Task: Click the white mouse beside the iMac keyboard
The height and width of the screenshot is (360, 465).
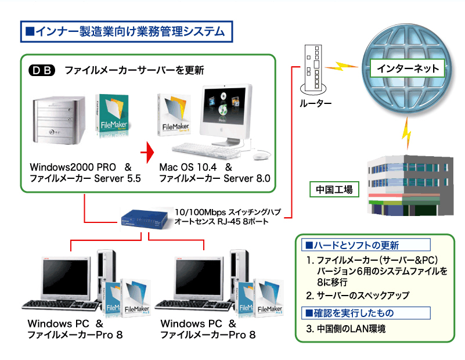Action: tap(263, 154)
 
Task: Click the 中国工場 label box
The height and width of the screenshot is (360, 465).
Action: tap(334, 189)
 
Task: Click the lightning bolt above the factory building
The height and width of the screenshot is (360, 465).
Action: tap(408, 131)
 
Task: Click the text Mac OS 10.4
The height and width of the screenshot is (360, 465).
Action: tap(184, 167)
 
